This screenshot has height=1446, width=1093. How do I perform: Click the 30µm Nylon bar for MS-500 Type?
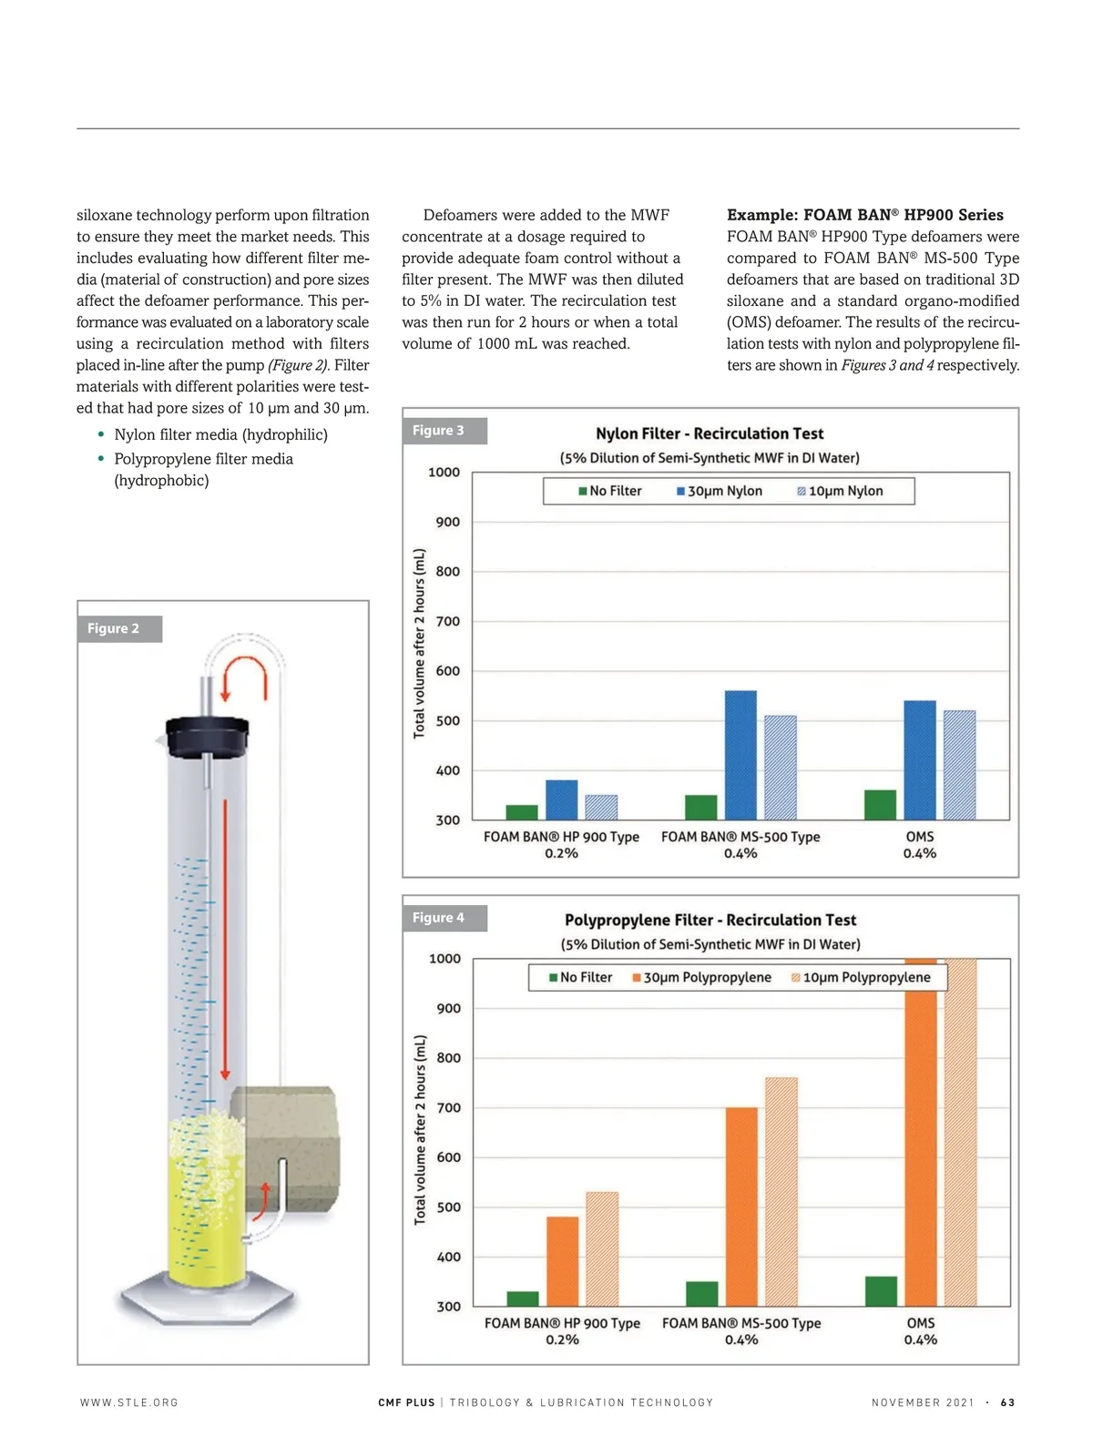[x=741, y=756]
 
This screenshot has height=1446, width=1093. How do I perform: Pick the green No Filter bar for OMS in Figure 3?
[x=880, y=805]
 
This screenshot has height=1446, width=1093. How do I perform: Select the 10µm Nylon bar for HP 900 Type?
[x=601, y=808]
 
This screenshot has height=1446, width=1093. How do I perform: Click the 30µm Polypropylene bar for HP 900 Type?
[x=562, y=1261]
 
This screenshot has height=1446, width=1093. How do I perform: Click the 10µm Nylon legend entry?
[x=840, y=491]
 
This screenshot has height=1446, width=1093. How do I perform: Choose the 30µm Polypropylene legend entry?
[x=701, y=977]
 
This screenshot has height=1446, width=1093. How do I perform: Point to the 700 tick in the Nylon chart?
[x=448, y=621]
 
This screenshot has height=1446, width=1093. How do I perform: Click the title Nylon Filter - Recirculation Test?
[x=710, y=433]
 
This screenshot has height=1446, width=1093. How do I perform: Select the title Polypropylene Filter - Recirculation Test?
[x=710, y=920]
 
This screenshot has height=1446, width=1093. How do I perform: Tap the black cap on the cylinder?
[x=208, y=736]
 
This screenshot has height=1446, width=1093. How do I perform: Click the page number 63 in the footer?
[x=1007, y=1402]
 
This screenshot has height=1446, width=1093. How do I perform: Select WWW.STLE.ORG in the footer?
[x=129, y=1402]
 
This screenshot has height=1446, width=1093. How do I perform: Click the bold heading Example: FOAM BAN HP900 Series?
[x=864, y=215]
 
